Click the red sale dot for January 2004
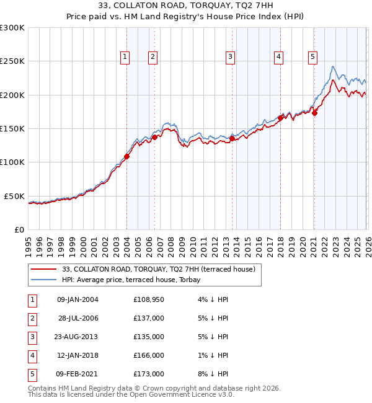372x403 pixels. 126,156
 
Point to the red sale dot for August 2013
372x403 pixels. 232,139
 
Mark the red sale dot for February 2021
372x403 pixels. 314,113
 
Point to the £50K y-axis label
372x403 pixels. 14,196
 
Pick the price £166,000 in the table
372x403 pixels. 149,355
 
